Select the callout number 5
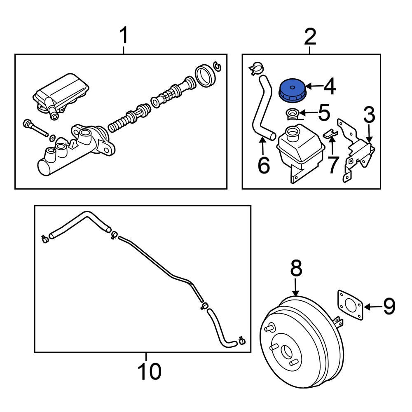[324, 112]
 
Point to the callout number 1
[124, 36]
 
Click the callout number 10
[149, 372]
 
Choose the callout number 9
[389, 307]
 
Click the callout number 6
[263, 165]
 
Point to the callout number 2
[310, 37]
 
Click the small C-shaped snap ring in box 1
[218, 66]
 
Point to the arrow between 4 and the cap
[313, 87]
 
